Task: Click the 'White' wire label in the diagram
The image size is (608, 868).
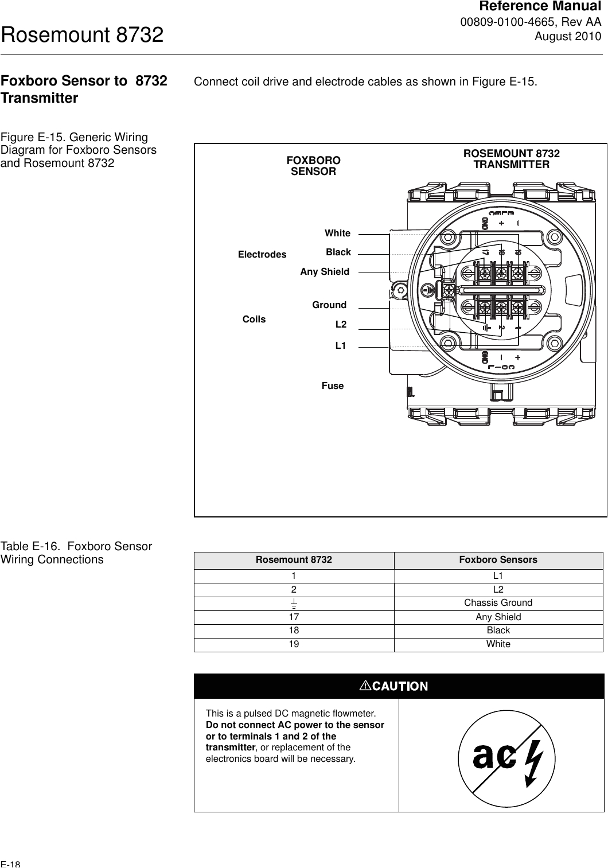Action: [x=337, y=233]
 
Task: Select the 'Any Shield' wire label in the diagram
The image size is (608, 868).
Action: [x=325, y=272]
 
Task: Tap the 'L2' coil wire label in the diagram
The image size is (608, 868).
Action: [x=341, y=324]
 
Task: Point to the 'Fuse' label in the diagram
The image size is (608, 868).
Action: [x=333, y=386]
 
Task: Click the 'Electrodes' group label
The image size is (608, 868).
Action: [x=262, y=254]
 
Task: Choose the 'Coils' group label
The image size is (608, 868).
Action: [x=254, y=320]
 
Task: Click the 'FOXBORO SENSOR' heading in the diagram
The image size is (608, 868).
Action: [x=313, y=166]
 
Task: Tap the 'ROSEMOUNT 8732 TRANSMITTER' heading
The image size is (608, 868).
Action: [x=511, y=159]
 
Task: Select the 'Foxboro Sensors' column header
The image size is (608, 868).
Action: [x=498, y=560]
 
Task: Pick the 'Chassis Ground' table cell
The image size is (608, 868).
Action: [x=498, y=603]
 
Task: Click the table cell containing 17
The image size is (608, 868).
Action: [x=294, y=617]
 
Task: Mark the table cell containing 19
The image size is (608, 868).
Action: [x=294, y=644]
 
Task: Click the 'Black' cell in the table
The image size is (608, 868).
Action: [x=498, y=630]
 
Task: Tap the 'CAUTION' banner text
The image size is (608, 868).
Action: [x=399, y=686]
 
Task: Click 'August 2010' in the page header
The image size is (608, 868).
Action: [x=568, y=37]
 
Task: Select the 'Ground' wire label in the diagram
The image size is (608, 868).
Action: [x=329, y=305]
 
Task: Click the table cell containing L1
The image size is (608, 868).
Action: [x=498, y=575]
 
